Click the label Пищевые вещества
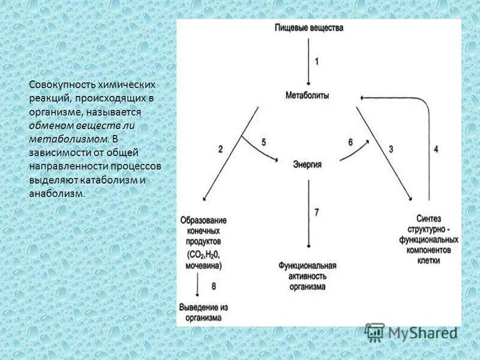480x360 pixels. click(308, 28)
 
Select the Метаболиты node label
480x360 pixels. click(308, 96)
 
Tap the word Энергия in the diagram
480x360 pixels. click(308, 164)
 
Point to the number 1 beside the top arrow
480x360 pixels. click(317, 61)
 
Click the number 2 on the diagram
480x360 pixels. click(220, 149)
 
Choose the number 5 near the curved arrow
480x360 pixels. click(263, 142)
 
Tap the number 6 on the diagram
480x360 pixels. click(350, 142)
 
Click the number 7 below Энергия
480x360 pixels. click(317, 212)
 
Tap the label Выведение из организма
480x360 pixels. click(203, 313)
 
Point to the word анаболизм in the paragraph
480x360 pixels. click(56, 194)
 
